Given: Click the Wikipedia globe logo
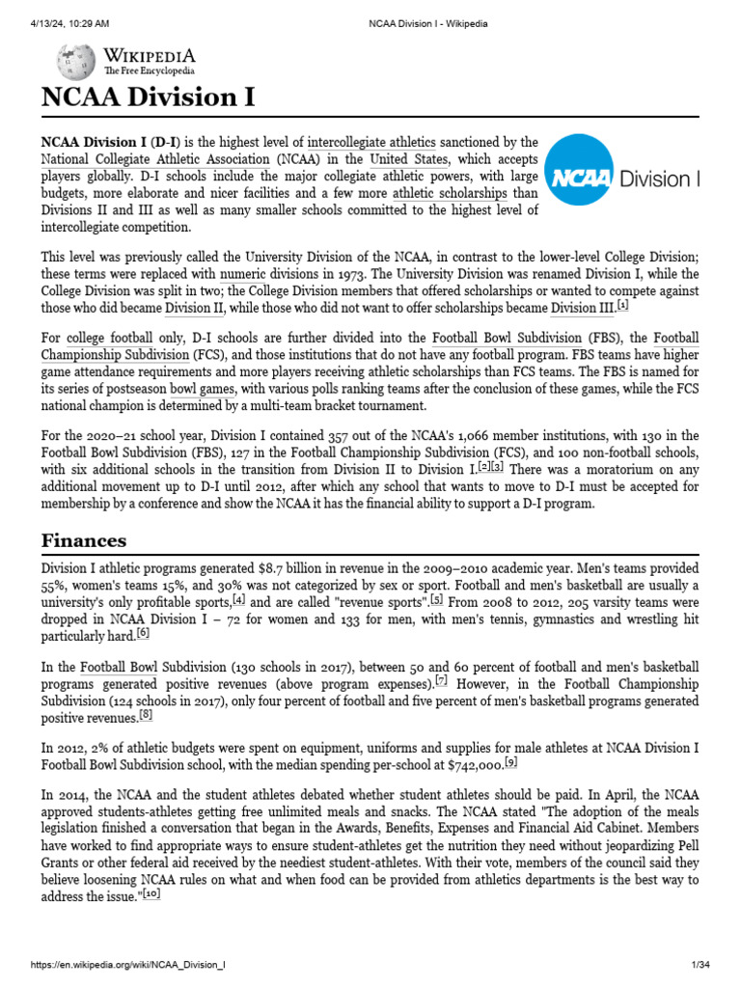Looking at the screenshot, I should pos(75,63).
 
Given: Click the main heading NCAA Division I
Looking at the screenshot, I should pos(148,98).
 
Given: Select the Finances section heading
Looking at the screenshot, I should pos(84,539).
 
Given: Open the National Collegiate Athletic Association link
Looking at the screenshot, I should pos(155,159).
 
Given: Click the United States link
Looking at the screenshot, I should pos(409,159).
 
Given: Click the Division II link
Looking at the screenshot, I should pos(194,309).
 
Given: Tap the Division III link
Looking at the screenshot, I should pos(582,309).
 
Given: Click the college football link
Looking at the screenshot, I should pos(109,339).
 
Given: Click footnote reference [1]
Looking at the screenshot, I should pos(623,306).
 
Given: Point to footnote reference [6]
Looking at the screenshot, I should pos(144,633).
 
